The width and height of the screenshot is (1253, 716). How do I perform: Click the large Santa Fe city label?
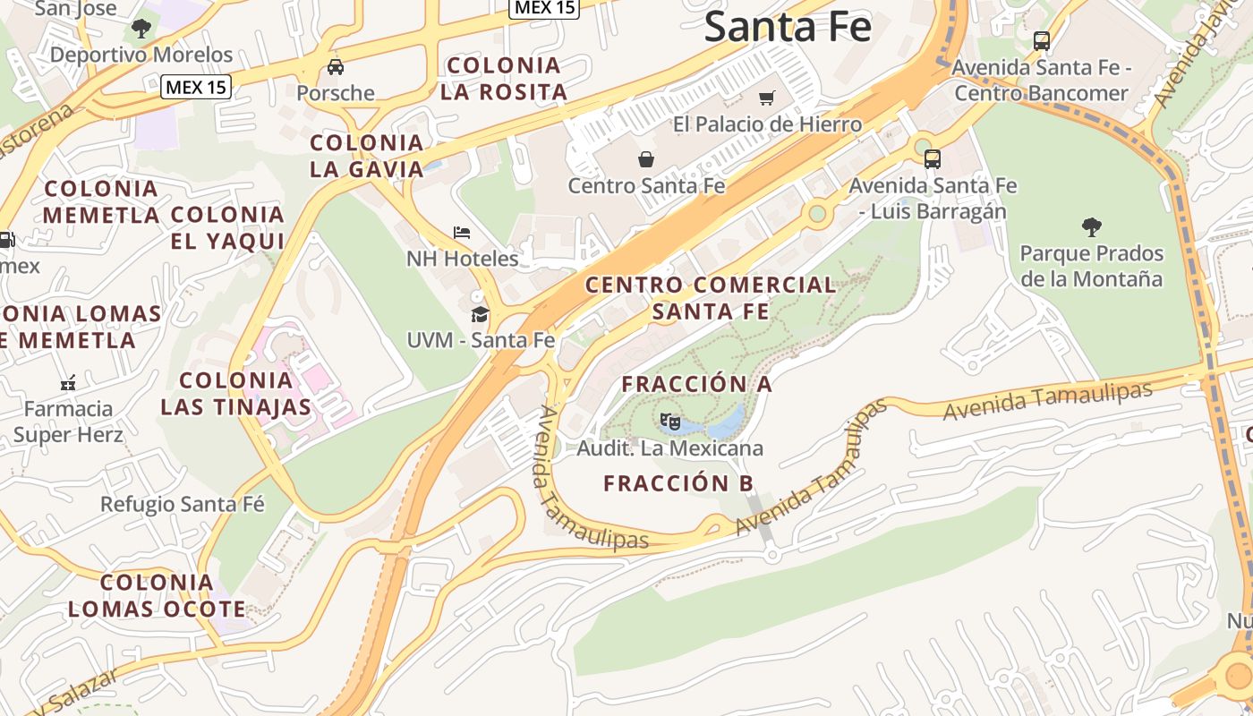point(788,27)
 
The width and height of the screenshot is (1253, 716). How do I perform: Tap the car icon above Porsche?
point(336,66)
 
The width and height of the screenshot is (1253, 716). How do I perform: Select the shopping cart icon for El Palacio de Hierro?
point(767,98)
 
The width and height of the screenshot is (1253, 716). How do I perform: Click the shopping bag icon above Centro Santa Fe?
point(646,159)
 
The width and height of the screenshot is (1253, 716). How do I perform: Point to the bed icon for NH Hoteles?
point(462,233)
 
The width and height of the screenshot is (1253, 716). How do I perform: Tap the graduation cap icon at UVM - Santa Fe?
point(481,314)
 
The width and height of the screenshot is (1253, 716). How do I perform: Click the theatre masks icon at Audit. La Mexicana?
point(669,420)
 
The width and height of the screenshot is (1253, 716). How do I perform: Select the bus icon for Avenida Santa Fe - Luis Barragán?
point(933,159)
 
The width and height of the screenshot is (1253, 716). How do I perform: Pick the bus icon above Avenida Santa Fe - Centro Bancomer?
point(1041,40)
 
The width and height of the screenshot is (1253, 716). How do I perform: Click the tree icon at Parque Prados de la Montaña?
point(1091,226)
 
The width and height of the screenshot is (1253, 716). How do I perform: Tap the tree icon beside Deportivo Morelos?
point(141,29)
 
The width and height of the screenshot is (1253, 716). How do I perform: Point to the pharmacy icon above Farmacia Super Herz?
point(68,383)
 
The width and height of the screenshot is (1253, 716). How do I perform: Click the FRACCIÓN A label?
point(696,384)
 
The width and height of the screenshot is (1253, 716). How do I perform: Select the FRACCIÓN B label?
point(678,483)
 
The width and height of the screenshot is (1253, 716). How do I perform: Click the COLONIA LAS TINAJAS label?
point(236,394)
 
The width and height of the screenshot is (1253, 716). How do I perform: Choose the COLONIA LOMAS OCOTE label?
point(157,596)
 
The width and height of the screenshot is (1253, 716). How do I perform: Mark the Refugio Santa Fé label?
point(183,504)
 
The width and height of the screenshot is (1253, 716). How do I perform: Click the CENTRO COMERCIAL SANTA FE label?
point(711,298)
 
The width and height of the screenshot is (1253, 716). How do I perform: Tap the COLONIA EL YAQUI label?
point(227,227)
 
